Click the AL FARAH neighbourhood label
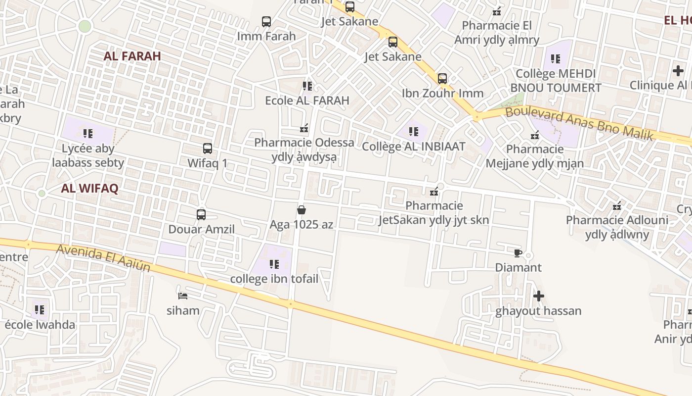click(132, 56)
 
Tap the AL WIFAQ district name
click(89, 188)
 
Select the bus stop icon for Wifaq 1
click(208, 148)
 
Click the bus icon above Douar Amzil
click(201, 215)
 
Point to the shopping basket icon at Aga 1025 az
click(302, 210)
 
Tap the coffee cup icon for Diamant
click(518, 253)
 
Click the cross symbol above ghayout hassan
click(539, 297)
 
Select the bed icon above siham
click(183, 296)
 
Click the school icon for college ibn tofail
click(274, 264)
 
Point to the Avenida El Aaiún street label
click(103, 257)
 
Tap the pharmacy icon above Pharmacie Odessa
click(304, 129)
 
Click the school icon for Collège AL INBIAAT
click(414, 132)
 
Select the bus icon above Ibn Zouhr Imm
click(442, 78)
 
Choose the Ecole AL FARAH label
click(307, 100)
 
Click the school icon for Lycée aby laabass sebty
click(88, 133)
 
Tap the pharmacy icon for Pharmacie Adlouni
click(617, 206)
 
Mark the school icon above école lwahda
click(40, 310)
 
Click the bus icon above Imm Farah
click(266, 22)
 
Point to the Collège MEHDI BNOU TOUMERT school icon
click(556, 59)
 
